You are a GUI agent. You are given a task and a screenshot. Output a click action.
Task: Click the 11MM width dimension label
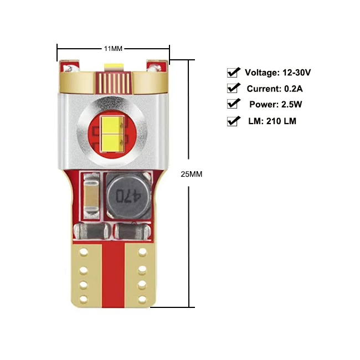tap(113, 49)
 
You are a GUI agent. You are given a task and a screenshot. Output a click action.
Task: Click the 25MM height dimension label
tap(192, 174)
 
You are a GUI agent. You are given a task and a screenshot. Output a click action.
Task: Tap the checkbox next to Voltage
tap(233, 73)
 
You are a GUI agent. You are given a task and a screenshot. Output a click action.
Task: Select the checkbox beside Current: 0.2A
tap(233, 89)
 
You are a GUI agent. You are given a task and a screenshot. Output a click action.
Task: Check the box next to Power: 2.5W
tap(233, 104)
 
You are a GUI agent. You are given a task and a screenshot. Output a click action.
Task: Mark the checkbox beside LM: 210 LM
tap(233, 121)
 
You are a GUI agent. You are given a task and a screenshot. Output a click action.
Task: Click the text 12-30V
tap(297, 73)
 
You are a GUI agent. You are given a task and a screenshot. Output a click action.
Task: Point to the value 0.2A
tap(294, 89)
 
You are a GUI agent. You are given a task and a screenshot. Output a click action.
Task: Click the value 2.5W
tap(291, 105)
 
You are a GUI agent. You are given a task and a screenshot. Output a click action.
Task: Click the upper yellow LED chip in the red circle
tap(112, 125)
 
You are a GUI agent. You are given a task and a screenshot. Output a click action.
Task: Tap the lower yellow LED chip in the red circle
tap(112, 143)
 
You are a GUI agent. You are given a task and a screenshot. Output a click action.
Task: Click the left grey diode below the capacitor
tap(91, 231)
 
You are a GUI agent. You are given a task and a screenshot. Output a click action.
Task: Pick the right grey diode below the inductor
tap(133, 231)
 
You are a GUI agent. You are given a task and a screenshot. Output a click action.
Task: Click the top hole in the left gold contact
tap(84, 252)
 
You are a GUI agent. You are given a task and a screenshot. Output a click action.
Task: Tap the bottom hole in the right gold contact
tap(142, 299)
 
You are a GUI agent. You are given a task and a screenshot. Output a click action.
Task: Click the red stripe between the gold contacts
tap(113, 275)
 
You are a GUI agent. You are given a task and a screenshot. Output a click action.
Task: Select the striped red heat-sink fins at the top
tap(114, 83)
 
